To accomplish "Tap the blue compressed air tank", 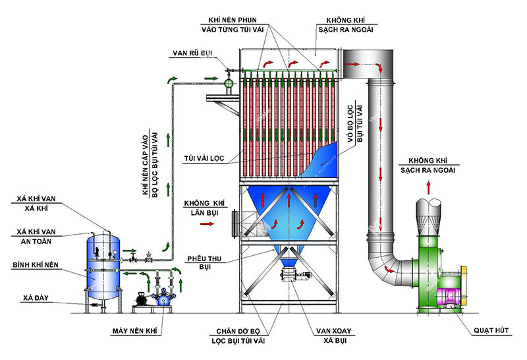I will tap(103, 264).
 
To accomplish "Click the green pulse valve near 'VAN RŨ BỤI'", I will tap(229, 83).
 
